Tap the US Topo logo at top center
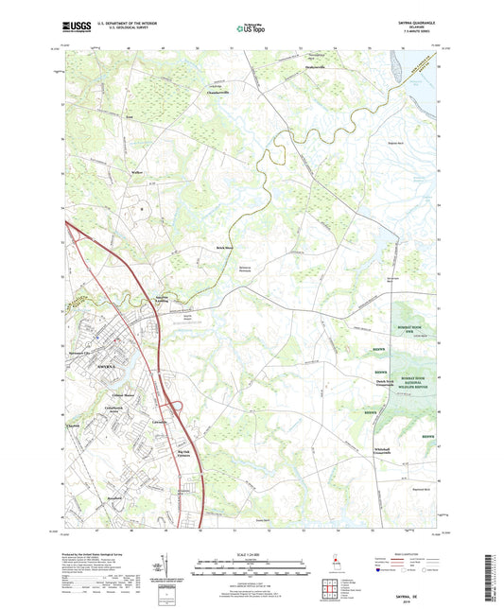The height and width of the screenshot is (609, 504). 250,28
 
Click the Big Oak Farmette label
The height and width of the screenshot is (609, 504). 165,453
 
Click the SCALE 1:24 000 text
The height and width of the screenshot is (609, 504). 250,554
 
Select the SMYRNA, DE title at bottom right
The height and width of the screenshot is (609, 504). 408,590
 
